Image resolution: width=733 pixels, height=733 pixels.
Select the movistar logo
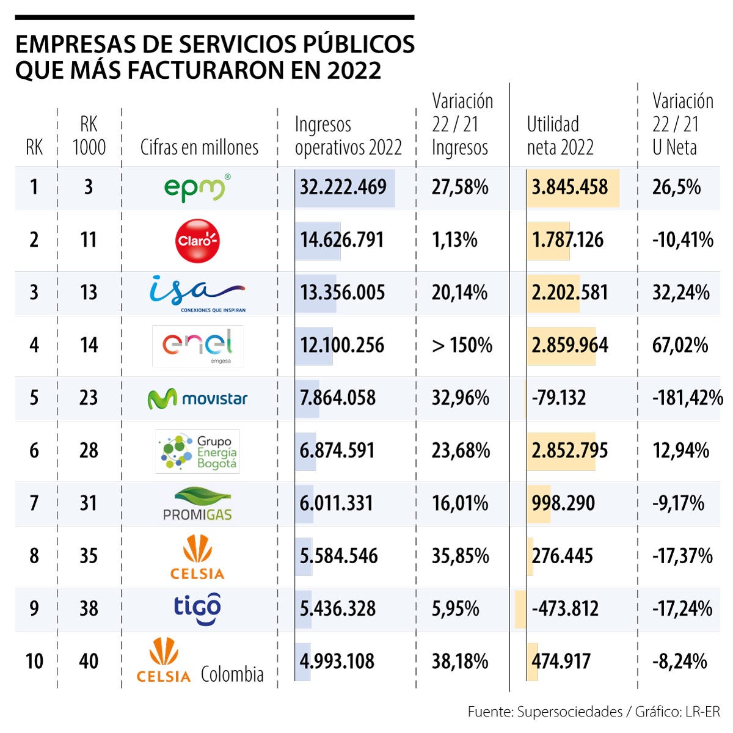coord(197,399)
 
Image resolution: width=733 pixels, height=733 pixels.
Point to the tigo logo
coord(197,608)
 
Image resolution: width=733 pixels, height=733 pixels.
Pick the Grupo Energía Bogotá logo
coord(197,451)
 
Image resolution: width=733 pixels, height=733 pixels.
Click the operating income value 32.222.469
coord(343,187)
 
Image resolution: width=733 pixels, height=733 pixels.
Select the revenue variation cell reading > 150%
coord(462,345)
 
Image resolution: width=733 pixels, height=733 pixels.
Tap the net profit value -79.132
coord(558,398)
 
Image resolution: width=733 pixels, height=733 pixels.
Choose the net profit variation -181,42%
coord(687,398)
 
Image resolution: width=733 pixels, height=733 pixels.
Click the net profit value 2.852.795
coord(569,451)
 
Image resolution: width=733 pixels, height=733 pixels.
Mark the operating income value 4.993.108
coord(337,662)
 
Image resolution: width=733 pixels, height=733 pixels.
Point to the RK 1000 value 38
coord(89,608)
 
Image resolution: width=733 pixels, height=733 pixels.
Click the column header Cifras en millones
coord(199,147)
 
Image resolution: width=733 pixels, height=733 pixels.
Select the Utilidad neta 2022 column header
coord(560,136)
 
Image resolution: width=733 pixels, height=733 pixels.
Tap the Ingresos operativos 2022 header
coord(348,136)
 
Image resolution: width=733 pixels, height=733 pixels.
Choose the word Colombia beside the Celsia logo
coord(232,674)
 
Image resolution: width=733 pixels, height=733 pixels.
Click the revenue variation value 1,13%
coord(454,240)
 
